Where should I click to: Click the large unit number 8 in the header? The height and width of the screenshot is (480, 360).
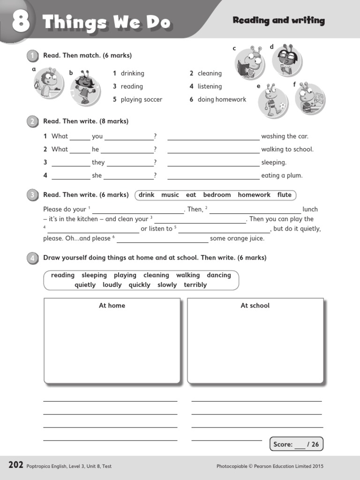[x=21, y=22]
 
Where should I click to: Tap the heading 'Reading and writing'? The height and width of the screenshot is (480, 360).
[x=278, y=21]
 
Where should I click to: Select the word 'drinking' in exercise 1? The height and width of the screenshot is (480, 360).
[x=132, y=73]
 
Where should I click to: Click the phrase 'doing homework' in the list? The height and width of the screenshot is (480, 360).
[x=222, y=99]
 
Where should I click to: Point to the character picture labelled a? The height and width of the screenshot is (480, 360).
[x=47, y=82]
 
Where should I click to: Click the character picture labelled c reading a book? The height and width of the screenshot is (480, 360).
[x=249, y=63]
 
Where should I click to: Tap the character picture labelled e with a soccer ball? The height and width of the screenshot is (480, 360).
[x=273, y=101]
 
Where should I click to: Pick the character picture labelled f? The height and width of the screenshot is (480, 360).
[x=310, y=98]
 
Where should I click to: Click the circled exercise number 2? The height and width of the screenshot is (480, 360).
[x=32, y=121]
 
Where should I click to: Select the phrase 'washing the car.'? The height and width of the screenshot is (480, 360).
[x=285, y=136]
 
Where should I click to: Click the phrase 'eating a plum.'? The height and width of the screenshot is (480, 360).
[x=282, y=176]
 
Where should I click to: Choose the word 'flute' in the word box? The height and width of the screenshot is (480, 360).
[x=284, y=195]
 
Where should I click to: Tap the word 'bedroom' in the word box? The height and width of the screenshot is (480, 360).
[x=217, y=195]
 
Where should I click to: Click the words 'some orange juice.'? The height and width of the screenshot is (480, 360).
[x=237, y=239]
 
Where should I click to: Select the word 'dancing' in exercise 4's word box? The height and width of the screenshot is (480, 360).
[x=219, y=275]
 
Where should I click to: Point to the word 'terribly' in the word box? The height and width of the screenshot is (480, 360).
[x=195, y=285]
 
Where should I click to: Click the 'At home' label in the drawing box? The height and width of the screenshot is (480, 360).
[x=112, y=306]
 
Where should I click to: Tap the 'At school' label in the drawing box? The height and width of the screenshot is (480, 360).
[x=255, y=306]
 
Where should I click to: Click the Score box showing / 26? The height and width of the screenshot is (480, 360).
[x=296, y=444]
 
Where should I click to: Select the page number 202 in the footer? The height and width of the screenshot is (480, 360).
[x=15, y=465]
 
